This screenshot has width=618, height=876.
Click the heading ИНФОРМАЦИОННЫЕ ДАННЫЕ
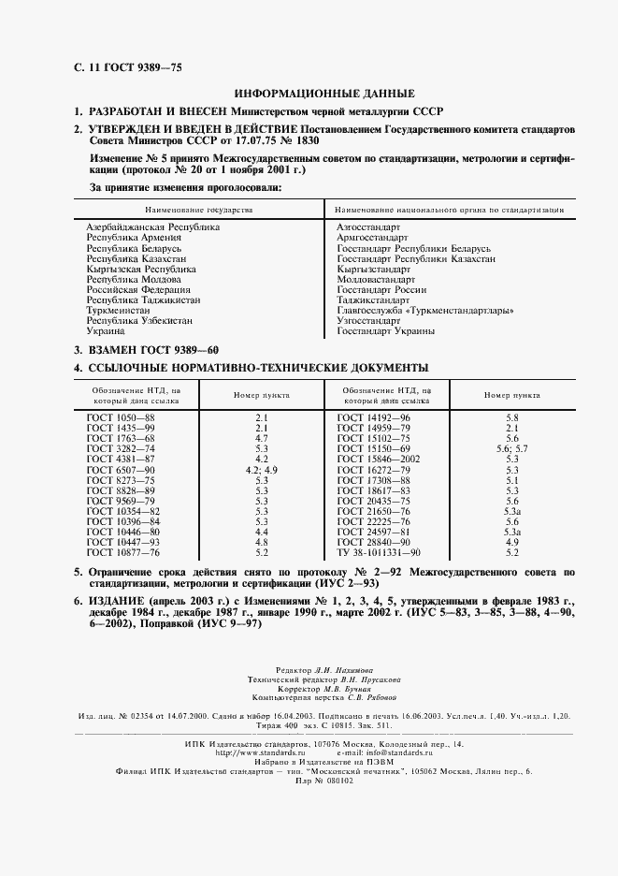[323, 94]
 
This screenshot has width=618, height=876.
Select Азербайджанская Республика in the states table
[152, 227]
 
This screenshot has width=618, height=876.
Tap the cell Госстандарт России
[375, 290]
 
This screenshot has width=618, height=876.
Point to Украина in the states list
[106, 331]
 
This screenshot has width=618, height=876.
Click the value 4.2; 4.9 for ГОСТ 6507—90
[262, 469]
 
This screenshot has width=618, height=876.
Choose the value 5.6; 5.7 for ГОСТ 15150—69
[511, 448]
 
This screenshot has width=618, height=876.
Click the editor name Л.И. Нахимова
[339, 672]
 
